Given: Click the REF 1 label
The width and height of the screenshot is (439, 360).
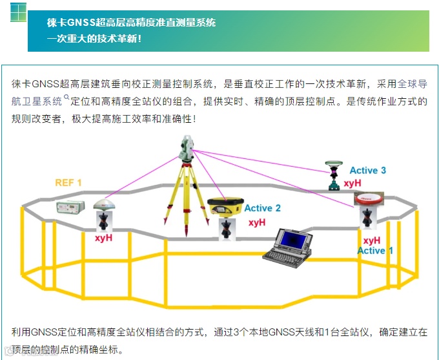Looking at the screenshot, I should pos(68,183).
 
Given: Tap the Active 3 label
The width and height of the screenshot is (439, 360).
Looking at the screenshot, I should pos(367,171).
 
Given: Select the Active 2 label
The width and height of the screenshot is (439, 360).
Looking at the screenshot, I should pos(262,208).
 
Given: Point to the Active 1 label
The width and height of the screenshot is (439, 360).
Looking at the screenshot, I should pos(371,251).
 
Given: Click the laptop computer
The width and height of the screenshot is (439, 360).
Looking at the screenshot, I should pos(288,246).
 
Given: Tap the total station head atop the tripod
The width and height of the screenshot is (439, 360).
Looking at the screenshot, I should pos(187,148).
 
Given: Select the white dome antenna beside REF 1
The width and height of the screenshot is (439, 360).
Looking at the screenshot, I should pos(105,204).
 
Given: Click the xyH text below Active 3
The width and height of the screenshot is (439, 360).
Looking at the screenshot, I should pos(352,184).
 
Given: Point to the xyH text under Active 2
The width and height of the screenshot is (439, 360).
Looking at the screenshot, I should pos(257,222).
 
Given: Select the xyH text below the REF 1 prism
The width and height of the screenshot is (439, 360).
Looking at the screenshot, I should pos(103,238).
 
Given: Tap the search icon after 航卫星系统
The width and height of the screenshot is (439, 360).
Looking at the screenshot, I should pos(66,98).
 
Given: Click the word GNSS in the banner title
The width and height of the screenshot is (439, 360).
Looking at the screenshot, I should pos(81,23).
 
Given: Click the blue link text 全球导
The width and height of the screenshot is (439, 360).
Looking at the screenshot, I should pos(412,84).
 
